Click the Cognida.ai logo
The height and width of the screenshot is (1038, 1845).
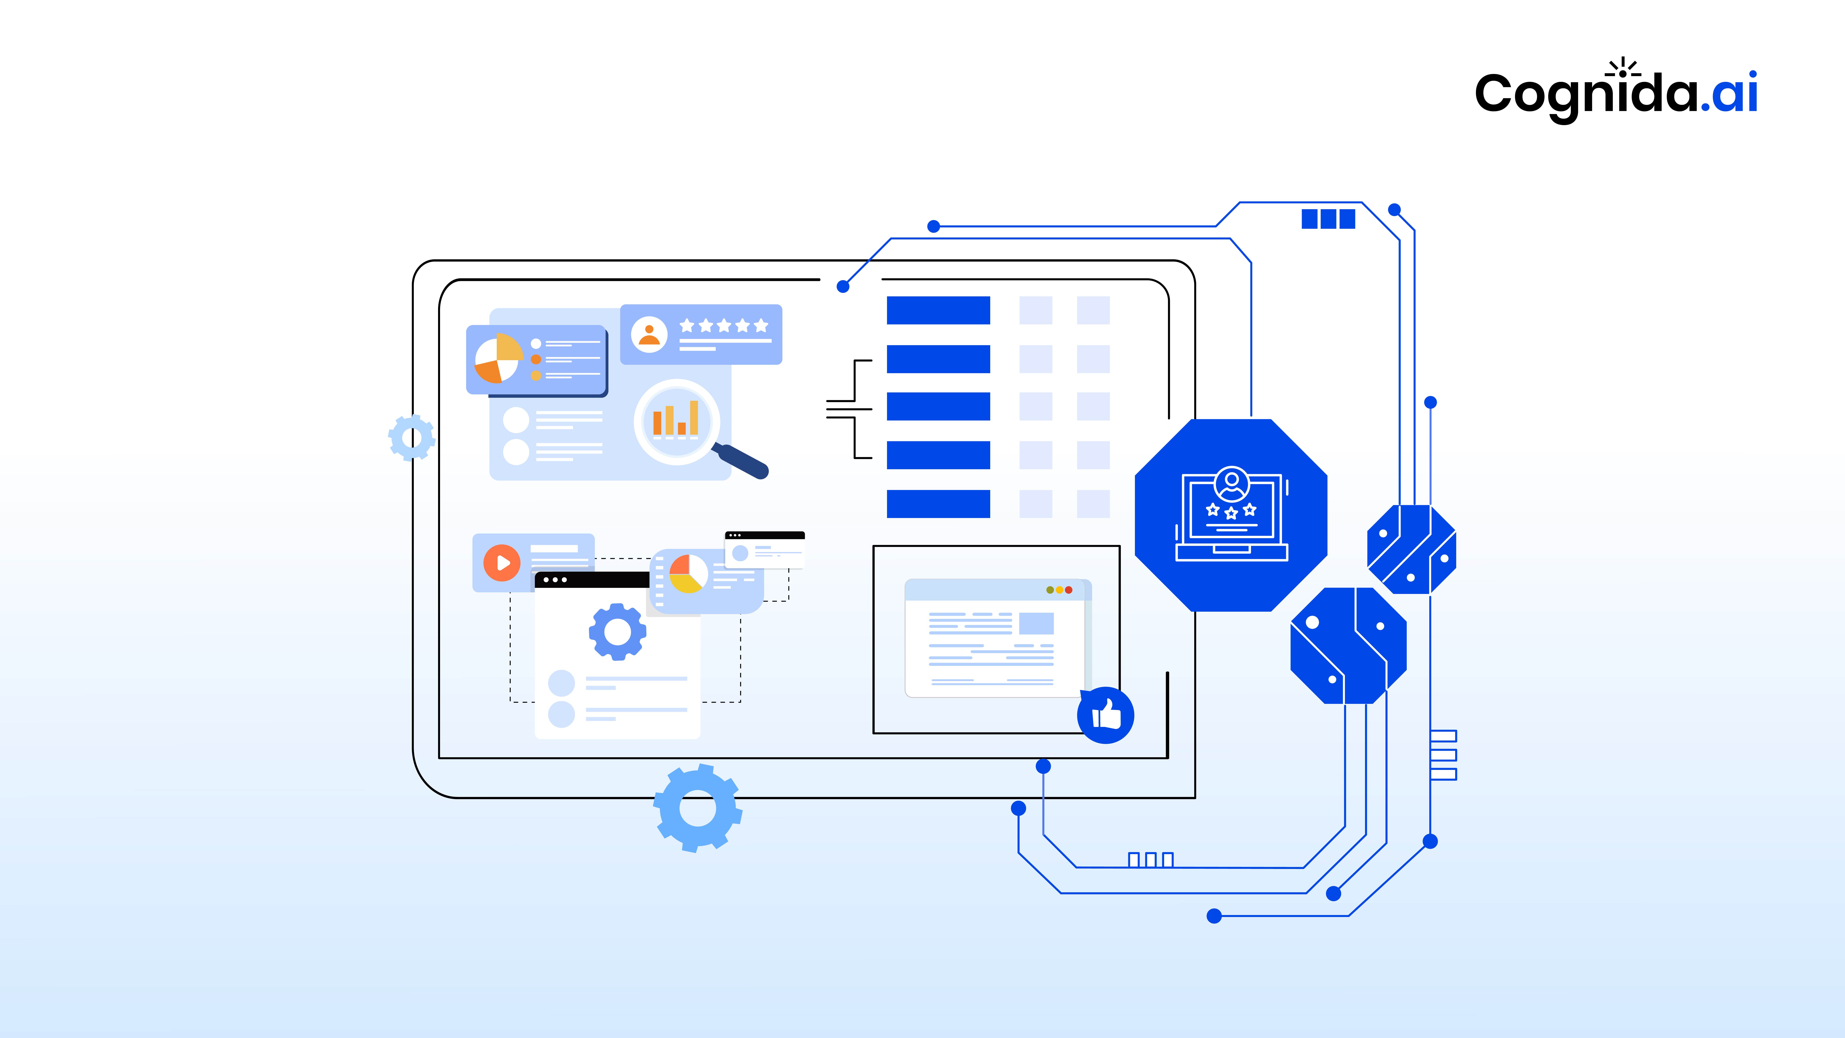pyautogui.click(x=1616, y=92)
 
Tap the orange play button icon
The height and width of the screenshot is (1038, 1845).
pyautogui.click(x=502, y=563)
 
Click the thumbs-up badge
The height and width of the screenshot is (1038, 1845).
pyautogui.click(x=1105, y=715)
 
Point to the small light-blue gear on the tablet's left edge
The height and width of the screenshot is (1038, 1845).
pyautogui.click(x=412, y=437)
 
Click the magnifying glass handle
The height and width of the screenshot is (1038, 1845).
pyautogui.click(x=743, y=461)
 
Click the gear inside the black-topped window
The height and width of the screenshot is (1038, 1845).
pyautogui.click(x=617, y=631)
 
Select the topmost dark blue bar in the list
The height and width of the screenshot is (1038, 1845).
pyautogui.click(x=938, y=310)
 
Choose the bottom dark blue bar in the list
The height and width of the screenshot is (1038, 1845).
pyautogui.click(x=938, y=504)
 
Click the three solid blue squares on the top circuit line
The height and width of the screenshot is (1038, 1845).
pyautogui.click(x=1328, y=218)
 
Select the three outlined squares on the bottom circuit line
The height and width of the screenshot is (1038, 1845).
pyautogui.click(x=1150, y=860)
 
